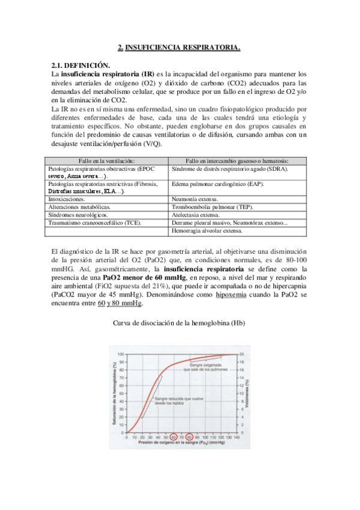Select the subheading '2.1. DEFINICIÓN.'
81,64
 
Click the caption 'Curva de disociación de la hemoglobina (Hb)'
180,323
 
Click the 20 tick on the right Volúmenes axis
243,354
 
